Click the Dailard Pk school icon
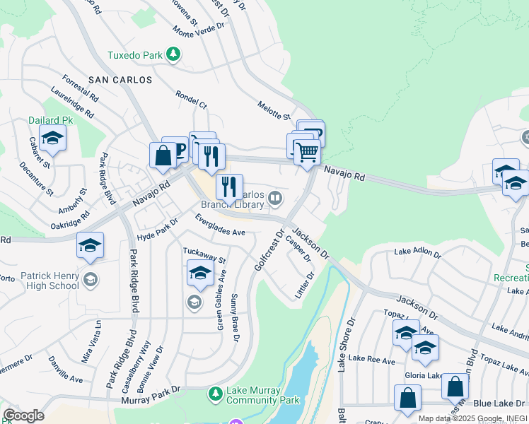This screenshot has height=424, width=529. [52, 139]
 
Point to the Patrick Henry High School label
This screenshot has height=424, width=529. [45, 281]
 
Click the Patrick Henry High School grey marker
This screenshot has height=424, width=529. [90, 279]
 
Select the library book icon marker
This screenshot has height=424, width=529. [275, 199]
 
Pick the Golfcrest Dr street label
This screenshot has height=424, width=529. [269, 249]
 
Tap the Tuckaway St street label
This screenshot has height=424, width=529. [204, 251]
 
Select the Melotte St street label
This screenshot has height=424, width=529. [274, 110]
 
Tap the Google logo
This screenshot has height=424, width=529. [23, 415]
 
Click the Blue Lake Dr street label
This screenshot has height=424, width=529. [494, 403]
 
